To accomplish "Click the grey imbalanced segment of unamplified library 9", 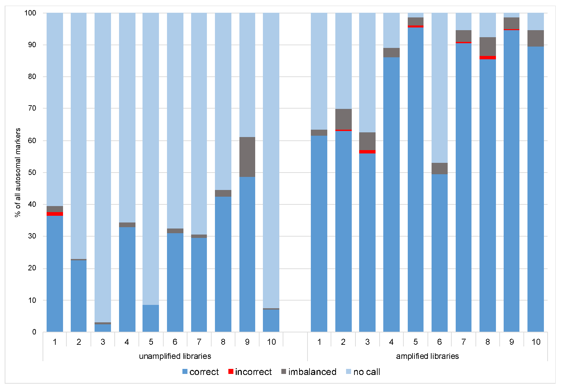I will tap(247, 157).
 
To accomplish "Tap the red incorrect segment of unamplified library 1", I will tap(55, 214).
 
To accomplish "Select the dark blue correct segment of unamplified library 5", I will tap(151, 318).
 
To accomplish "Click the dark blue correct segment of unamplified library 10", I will tap(271, 321).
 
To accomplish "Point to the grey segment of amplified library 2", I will tap(343, 119).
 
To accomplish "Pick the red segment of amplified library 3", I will tap(367, 152).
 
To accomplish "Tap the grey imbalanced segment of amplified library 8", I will tap(488, 47).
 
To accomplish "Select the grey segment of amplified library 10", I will tap(536, 39).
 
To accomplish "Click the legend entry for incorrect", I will tap(250, 372).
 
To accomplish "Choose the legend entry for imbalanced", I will tap(308, 372).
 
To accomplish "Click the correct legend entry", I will tap(201, 372).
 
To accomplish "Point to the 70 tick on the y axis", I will tap(32, 108).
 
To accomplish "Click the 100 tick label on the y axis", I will tap(30, 13).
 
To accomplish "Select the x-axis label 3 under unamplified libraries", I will tap(103, 342).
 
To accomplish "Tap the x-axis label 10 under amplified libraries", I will tap(536, 342).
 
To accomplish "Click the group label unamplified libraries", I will tap(175, 356).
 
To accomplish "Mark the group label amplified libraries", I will tap(427, 356).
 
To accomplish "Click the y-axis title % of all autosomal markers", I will tap(18, 173).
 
